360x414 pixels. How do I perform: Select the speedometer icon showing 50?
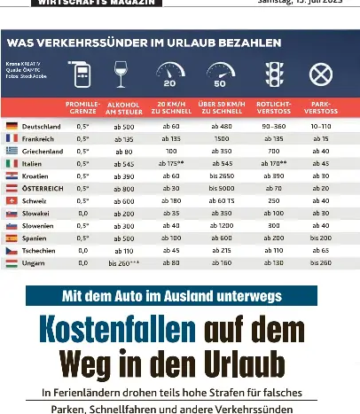[217, 75]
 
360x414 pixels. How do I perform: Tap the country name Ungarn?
[33, 262]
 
